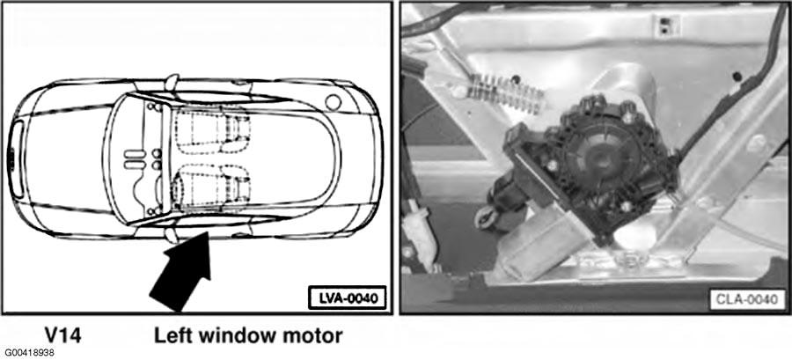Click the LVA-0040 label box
(x=347, y=298)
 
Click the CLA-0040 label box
(x=747, y=299)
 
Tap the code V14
(x=62, y=335)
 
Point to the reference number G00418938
(x=29, y=352)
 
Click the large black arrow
(x=182, y=270)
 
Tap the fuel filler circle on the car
(x=333, y=102)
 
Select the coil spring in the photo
(x=504, y=93)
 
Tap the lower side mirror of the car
(x=172, y=233)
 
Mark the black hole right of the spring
(x=515, y=79)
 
